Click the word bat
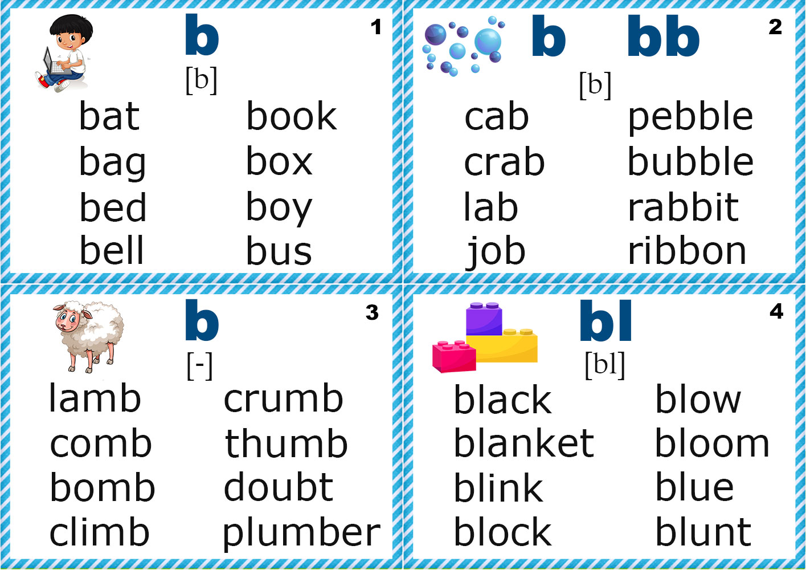click(109, 117)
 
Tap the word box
click(279, 162)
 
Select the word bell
click(112, 251)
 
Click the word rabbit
click(683, 207)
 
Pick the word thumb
click(286, 444)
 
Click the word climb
click(100, 532)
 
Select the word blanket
click(523, 443)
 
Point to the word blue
click(694, 488)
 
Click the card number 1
click(376, 27)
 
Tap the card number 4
click(776, 311)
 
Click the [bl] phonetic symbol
click(605, 365)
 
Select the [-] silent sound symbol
click(199, 365)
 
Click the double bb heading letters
click(663, 37)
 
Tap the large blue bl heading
click(605, 321)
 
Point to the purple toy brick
click(484, 319)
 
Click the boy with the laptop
click(64, 53)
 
